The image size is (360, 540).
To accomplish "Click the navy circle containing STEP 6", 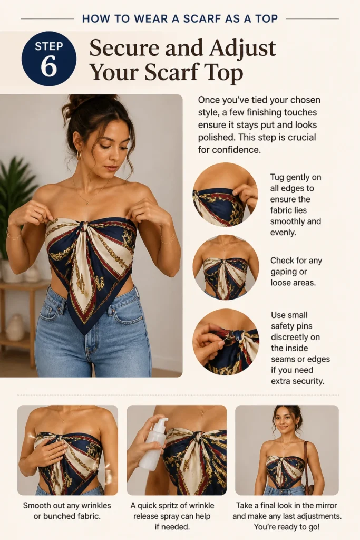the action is click(49, 59).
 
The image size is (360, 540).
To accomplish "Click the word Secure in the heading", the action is click(124, 48).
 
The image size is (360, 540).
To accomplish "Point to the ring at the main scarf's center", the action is click(85, 227).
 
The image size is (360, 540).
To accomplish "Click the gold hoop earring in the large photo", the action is click(79, 156).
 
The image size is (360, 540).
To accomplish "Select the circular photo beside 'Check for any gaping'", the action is click(226, 267).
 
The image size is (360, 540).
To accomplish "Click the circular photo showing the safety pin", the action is click(226, 342).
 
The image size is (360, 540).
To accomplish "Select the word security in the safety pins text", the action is click(307, 381).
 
